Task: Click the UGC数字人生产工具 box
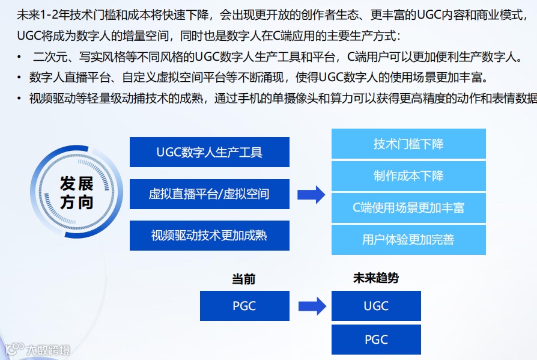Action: [x=209, y=152]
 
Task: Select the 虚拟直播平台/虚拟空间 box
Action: [x=209, y=194]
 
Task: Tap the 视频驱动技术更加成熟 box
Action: [x=209, y=236]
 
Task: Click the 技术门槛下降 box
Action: [x=408, y=144]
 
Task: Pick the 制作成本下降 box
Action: [x=408, y=176]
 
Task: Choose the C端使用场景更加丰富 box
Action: [x=408, y=208]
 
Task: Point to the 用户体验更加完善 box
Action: [x=408, y=240]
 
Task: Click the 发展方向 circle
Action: [x=76, y=192]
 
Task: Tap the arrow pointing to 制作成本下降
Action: [x=311, y=194]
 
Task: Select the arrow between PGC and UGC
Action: [x=311, y=306]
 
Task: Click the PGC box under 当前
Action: [x=244, y=306]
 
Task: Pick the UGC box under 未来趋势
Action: [x=376, y=306]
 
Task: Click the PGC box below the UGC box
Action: [x=376, y=340]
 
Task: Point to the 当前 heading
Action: [x=244, y=279]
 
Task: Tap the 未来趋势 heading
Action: [x=376, y=278]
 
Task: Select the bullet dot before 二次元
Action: [x=20, y=58]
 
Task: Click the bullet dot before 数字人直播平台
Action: [x=20, y=78]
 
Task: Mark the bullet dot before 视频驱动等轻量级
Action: [x=20, y=99]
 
